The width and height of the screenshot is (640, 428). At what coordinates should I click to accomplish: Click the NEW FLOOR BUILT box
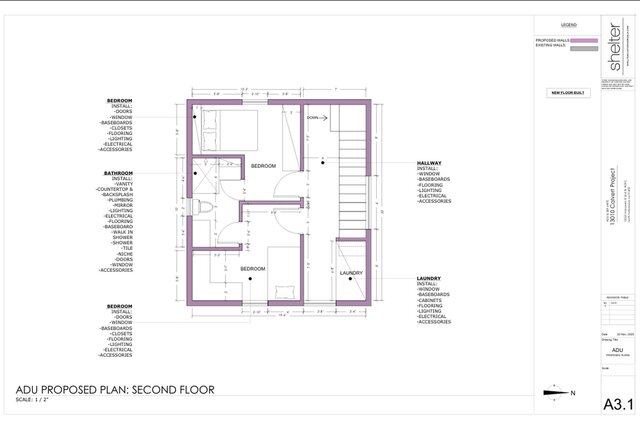pyautogui.click(x=567, y=93)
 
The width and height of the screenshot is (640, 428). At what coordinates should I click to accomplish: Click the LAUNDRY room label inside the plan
pyautogui.click(x=351, y=272)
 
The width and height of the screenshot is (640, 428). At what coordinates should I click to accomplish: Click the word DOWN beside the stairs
pyautogui.click(x=313, y=117)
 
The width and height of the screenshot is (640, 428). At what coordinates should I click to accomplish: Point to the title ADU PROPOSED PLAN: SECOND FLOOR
pyautogui.click(x=114, y=390)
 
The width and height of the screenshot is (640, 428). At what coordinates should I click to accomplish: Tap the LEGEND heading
pyautogui.click(x=567, y=23)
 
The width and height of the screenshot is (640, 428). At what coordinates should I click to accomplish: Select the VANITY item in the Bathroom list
pyautogui.click(x=125, y=184)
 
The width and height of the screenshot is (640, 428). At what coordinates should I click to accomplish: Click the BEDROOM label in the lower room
pyautogui.click(x=252, y=269)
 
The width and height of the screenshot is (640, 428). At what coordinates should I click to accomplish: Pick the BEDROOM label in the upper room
pyautogui.click(x=263, y=165)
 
